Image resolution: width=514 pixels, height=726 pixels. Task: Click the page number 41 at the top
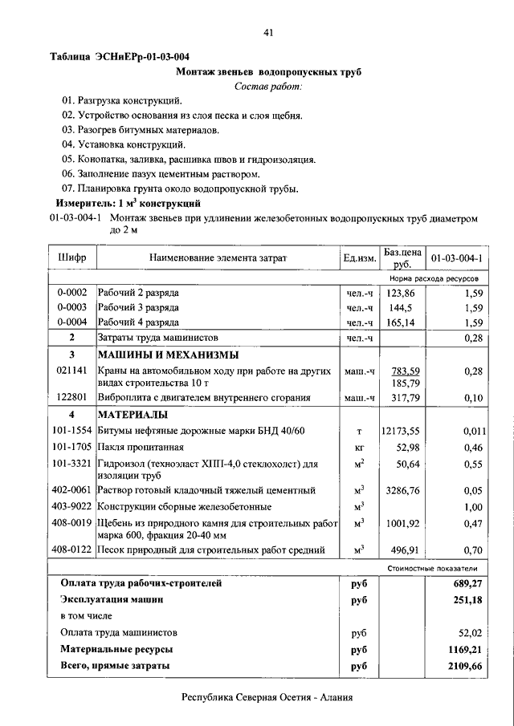(268, 32)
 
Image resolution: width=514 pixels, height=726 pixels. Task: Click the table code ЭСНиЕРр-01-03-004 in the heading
(142, 57)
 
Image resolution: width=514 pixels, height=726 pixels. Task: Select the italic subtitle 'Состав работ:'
(268, 86)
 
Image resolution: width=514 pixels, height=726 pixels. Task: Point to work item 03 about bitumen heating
(141, 129)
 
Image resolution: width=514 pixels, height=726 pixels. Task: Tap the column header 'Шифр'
(72, 258)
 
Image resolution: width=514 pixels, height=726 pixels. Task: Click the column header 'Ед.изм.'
(359, 258)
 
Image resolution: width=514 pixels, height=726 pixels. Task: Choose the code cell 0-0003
(72, 307)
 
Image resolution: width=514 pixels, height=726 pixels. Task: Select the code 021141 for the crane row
(72, 371)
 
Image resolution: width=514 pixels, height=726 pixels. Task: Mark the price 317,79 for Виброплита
(402, 397)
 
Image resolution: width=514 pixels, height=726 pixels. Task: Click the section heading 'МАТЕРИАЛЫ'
(133, 415)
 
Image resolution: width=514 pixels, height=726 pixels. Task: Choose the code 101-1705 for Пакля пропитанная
(72, 447)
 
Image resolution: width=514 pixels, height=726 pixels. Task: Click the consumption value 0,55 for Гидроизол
(473, 464)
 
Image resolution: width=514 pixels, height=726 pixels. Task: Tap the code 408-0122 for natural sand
(72, 550)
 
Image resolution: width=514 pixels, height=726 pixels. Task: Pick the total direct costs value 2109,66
(465, 665)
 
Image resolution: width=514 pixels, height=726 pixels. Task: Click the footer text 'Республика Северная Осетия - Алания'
(267, 697)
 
